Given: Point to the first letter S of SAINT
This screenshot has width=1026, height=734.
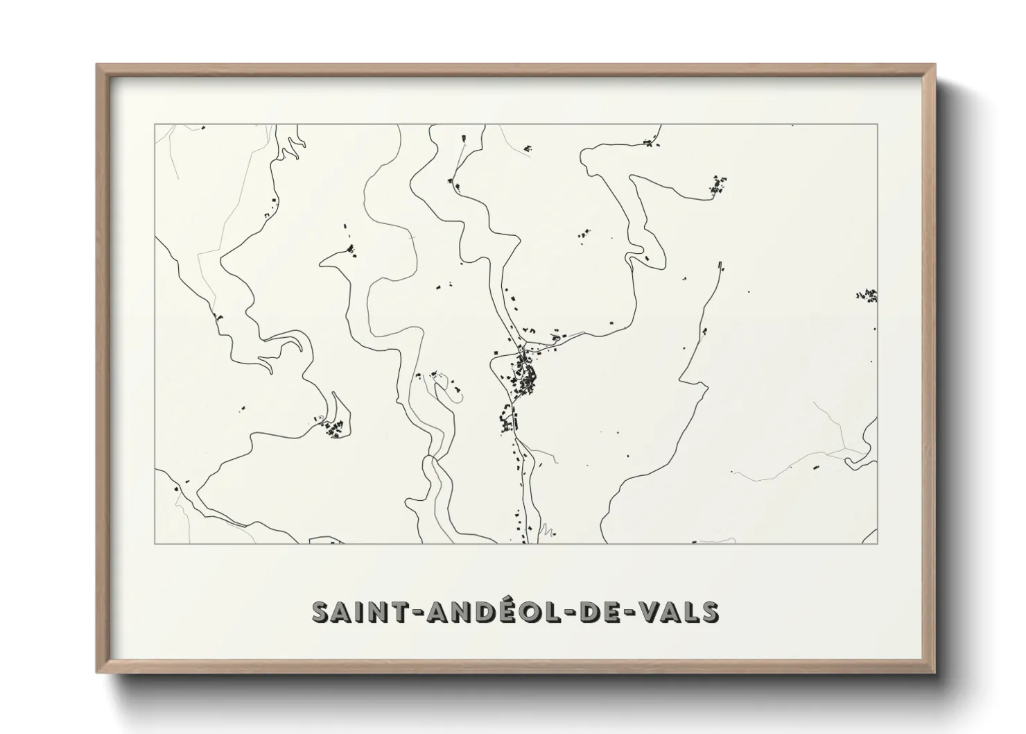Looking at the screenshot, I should pos(322,612).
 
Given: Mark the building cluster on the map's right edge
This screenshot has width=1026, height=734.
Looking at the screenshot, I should pos(867,296).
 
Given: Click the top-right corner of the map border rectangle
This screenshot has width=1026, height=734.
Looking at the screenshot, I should pos(877,124).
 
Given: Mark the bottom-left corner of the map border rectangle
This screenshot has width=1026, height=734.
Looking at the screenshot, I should pos(155,544).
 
